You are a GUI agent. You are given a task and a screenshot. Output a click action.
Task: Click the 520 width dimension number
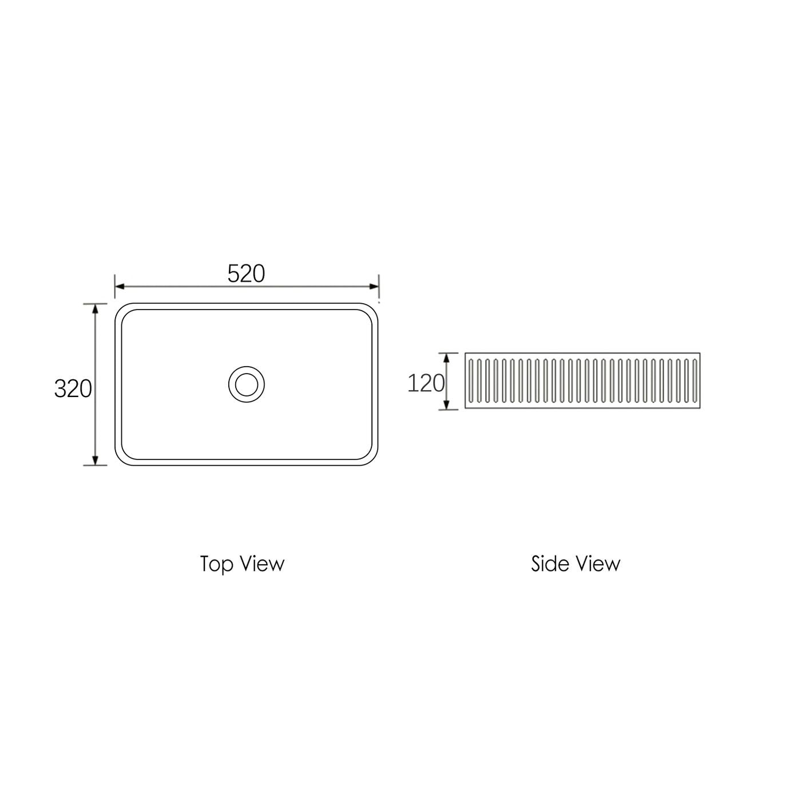pyautogui.click(x=246, y=274)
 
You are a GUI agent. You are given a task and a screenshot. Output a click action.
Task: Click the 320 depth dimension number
pyautogui.click(x=73, y=389)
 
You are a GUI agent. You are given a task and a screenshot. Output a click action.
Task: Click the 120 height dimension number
pyautogui.click(x=426, y=383)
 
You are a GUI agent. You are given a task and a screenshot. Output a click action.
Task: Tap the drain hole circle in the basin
pyautogui.click(x=247, y=384)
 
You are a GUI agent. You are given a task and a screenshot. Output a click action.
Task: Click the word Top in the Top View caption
pyautogui.click(x=217, y=564)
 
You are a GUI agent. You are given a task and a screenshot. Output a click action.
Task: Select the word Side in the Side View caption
pyautogui.click(x=550, y=564)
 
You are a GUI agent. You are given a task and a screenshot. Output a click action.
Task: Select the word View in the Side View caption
pyautogui.click(x=597, y=564)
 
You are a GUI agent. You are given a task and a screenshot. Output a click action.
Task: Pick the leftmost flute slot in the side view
pyautogui.click(x=470, y=381)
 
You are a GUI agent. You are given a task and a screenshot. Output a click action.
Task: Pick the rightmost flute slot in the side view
pyautogui.click(x=695, y=381)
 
